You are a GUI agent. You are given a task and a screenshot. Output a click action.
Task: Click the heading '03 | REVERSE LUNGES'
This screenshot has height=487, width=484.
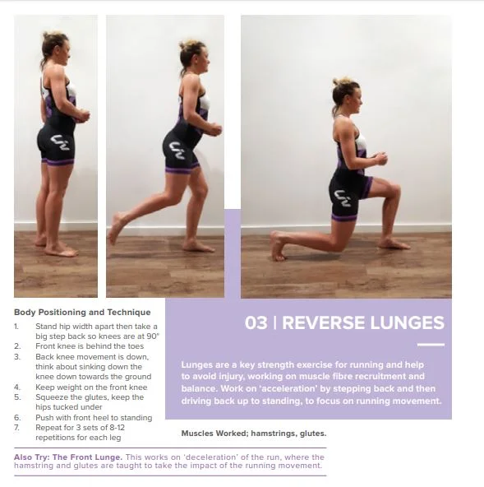click(344, 322)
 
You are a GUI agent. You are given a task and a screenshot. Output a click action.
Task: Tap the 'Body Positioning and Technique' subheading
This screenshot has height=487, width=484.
click(82, 312)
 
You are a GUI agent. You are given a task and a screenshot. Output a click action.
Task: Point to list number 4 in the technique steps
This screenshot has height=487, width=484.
click(17, 385)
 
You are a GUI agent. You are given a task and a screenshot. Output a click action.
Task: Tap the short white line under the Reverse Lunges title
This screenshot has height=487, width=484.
click(430, 345)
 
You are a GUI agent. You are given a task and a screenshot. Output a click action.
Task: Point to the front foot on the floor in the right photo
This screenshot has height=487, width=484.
click(394, 243)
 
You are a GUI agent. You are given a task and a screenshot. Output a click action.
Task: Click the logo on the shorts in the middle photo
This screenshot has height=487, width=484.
click(177, 150)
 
